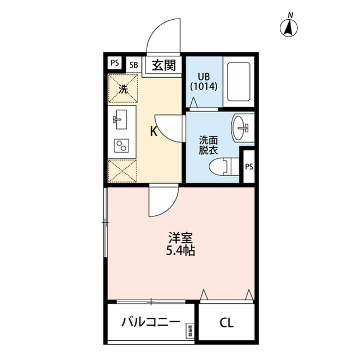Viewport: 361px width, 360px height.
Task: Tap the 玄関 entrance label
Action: click(x=164, y=64)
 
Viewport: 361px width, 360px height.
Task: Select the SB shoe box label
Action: click(x=134, y=64)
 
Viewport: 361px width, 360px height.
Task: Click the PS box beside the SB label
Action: click(x=115, y=63)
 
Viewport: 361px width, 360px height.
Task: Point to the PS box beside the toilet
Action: click(x=248, y=166)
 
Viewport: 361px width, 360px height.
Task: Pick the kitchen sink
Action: click(x=121, y=119)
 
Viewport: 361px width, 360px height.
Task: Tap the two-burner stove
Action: click(x=121, y=145)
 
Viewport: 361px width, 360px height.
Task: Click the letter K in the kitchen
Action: click(x=153, y=132)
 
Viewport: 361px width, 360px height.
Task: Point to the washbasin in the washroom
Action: click(x=244, y=127)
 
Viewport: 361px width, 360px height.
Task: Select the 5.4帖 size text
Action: click(x=180, y=252)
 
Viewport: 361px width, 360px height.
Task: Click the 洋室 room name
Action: click(x=180, y=237)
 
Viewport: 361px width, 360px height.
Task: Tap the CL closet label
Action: click(x=226, y=323)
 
